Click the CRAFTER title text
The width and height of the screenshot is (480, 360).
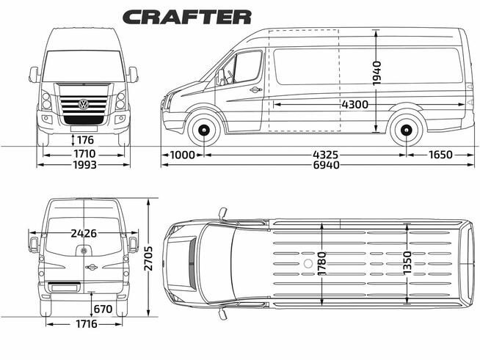point(186,16)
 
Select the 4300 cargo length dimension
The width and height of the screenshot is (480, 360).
point(354,104)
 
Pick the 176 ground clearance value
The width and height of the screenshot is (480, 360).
point(85,140)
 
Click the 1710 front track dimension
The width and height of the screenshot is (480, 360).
point(83,155)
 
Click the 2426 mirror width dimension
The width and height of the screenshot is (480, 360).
point(83,234)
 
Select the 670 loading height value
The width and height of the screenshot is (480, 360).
point(103,309)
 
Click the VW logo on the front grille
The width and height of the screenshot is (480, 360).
point(83,105)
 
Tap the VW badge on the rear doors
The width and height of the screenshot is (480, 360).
point(84,250)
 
